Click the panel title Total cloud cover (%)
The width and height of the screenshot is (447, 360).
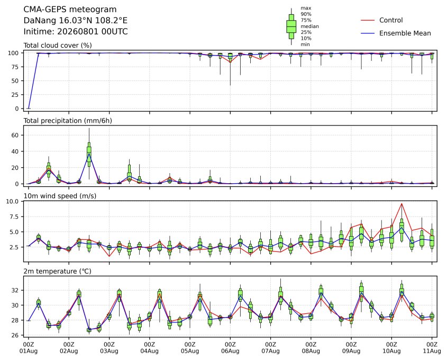[x=58, y=46]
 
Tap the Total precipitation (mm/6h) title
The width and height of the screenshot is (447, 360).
[x=68, y=121]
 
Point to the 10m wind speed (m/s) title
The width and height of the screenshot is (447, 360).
[x=60, y=196]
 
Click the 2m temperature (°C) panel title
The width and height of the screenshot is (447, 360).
[x=57, y=271]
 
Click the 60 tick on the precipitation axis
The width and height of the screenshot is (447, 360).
[x=15, y=135]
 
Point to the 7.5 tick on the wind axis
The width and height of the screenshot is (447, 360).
[x=14, y=217]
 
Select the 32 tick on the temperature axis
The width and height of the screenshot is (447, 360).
[x=15, y=291]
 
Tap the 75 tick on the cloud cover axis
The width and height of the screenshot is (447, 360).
[x=15, y=67]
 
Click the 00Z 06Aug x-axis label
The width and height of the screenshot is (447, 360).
[x=230, y=347]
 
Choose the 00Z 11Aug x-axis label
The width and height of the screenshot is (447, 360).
[x=432, y=347]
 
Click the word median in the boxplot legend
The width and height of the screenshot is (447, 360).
[x=309, y=26]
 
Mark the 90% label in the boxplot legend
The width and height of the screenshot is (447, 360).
[x=306, y=14]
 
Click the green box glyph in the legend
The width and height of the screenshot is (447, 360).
[x=291, y=26]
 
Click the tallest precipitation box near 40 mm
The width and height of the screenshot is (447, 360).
[x=89, y=155]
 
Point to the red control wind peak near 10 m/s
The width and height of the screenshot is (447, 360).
[x=402, y=204]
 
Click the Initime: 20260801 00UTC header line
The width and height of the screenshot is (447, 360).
[x=76, y=31]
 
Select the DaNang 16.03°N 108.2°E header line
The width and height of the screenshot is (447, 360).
[x=75, y=21]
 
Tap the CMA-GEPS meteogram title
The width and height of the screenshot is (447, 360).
[x=70, y=10]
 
